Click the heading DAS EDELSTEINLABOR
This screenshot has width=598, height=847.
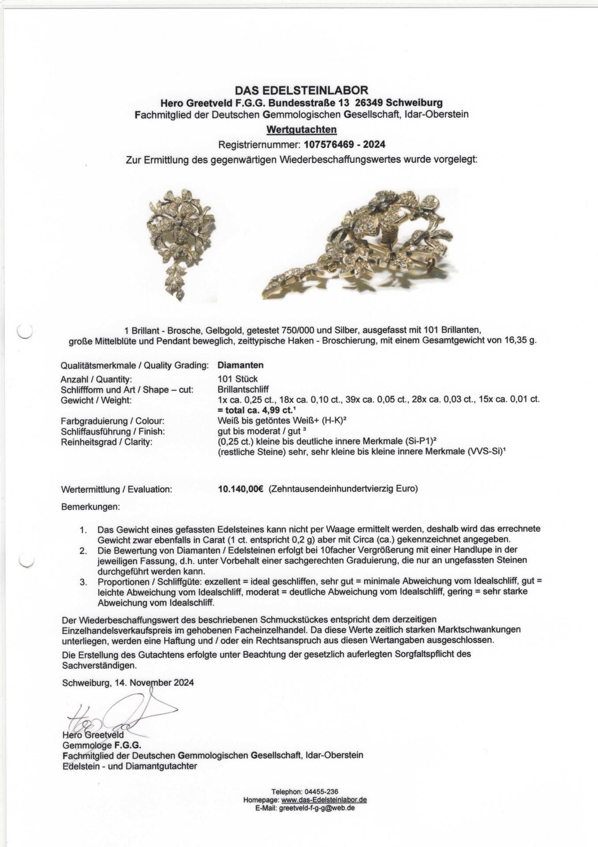click(301, 90)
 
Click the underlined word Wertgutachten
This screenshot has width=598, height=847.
click(301, 130)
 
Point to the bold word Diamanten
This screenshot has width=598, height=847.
click(240, 365)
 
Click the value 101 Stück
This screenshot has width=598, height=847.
click(238, 379)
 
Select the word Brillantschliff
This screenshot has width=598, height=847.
click(243, 390)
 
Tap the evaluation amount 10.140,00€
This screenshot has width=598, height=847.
click(240, 489)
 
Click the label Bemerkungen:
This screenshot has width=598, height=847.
click(90, 507)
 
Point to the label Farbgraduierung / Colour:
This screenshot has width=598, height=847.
click(113, 421)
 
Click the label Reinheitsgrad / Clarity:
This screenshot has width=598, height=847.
click(106, 442)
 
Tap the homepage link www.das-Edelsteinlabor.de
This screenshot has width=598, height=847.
click(324, 800)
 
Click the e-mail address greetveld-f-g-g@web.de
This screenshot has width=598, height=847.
click(317, 808)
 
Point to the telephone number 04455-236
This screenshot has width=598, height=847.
click(317, 792)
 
